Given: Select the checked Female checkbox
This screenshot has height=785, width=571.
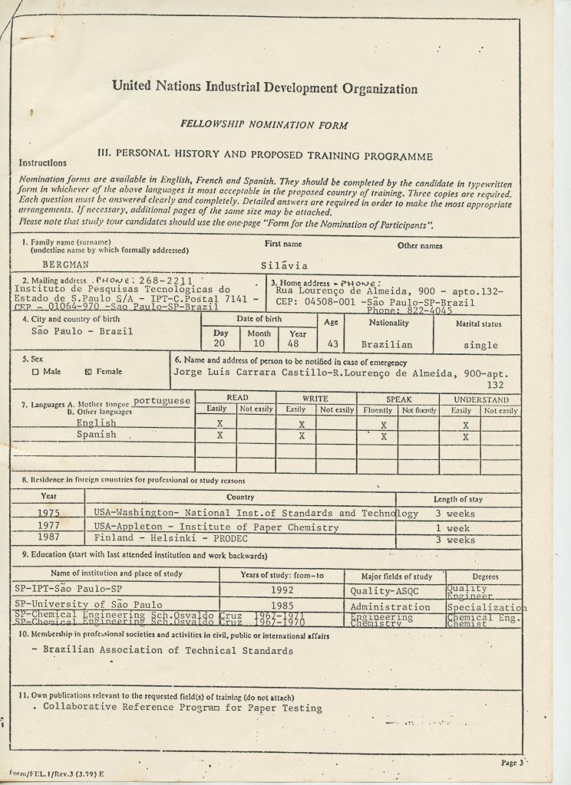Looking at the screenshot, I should (88, 371).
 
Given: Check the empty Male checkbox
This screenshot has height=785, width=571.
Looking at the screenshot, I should (36, 371).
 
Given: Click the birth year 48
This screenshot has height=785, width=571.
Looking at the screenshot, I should (293, 344).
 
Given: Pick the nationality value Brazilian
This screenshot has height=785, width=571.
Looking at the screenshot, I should (387, 345).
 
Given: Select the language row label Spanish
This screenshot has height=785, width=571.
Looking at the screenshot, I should (97, 435).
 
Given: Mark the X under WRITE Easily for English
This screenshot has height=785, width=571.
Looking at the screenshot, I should (302, 422).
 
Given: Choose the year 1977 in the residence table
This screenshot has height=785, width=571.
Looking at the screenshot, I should (49, 527).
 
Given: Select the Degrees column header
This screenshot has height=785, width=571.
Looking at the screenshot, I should (485, 576).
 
